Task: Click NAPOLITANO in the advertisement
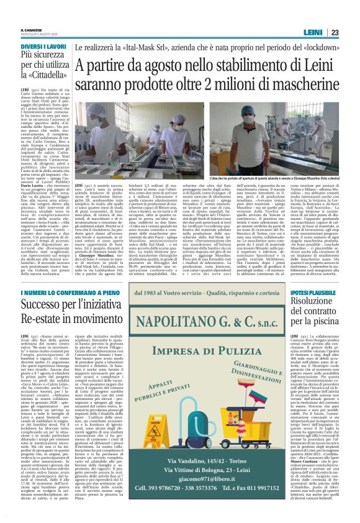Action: click(189, 322)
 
